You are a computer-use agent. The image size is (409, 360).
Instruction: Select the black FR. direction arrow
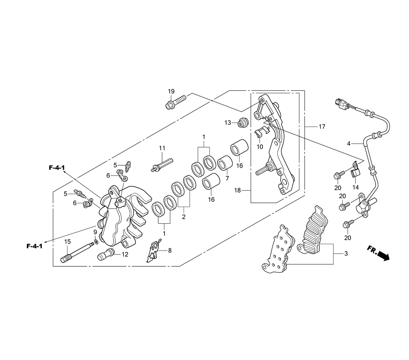pos(382,255)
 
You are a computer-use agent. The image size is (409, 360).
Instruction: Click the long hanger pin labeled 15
pos(76,252)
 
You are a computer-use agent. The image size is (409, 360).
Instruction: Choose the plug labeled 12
pos(104,254)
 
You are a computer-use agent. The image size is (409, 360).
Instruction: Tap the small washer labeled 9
pos(95,242)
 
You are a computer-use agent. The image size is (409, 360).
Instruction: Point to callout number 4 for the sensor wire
pos(348,144)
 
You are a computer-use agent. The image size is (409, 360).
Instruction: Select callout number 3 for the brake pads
pos(346,254)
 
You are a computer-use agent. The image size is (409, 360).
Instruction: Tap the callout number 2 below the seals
pos(184,217)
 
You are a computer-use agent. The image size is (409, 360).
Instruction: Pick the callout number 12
pos(125,254)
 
